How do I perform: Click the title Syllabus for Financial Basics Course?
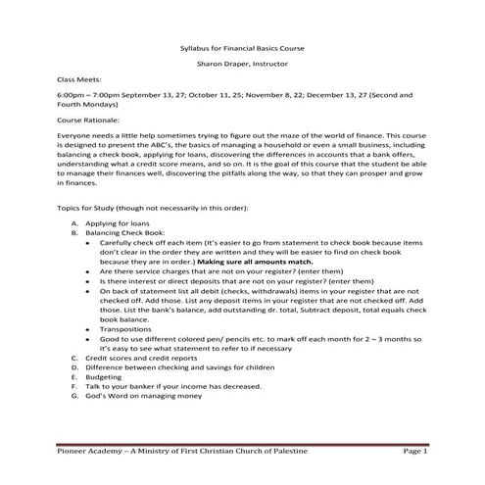tap(242, 46)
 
